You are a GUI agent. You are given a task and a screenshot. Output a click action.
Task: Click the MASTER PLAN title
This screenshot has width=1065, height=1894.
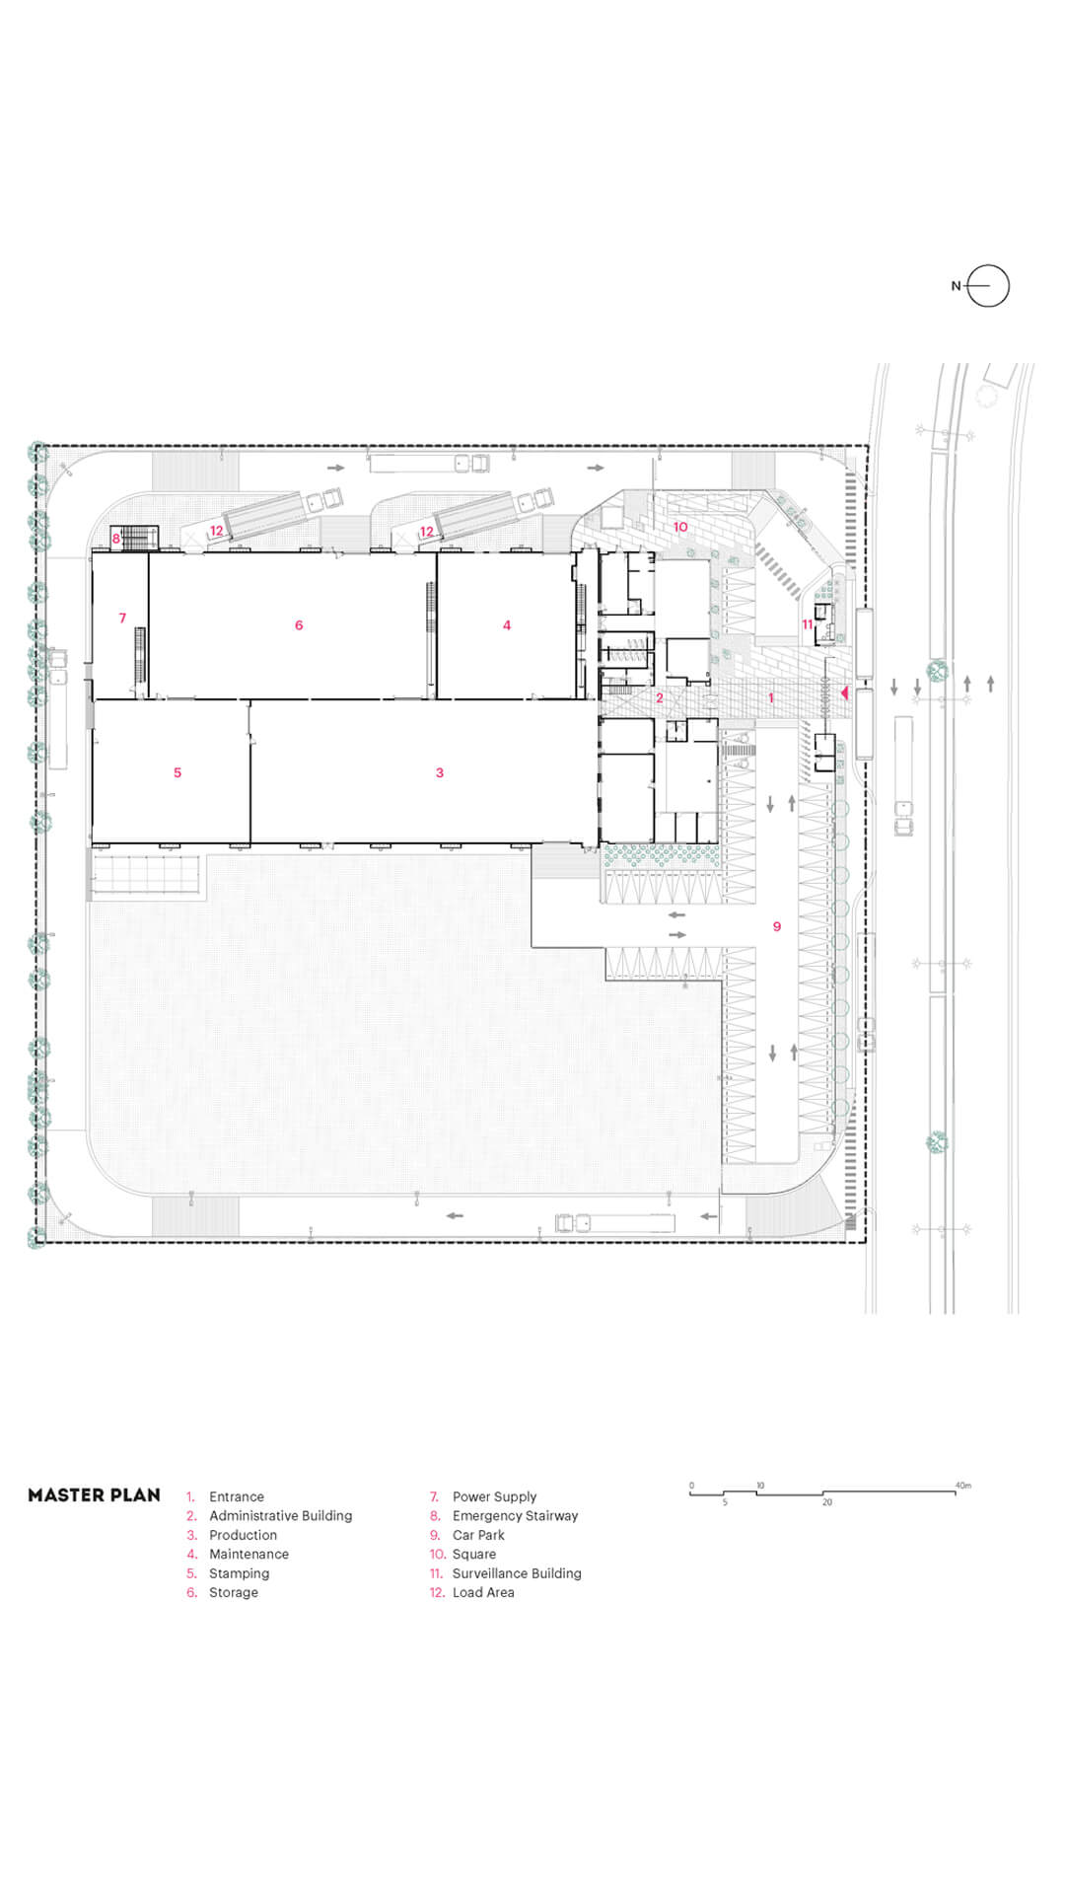[94, 1494]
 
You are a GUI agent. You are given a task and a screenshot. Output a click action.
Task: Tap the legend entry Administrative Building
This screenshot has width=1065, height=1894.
[280, 1515]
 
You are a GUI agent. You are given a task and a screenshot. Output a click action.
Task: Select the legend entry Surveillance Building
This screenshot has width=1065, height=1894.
[517, 1573]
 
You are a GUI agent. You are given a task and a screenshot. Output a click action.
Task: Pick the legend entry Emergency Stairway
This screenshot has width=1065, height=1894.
[515, 1516]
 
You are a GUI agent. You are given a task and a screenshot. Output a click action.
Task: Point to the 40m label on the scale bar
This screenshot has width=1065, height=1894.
[963, 1485]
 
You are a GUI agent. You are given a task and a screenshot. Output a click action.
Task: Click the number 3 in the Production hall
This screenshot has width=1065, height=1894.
[440, 772]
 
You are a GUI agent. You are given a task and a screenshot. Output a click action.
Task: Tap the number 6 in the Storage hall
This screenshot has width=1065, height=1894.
[299, 624]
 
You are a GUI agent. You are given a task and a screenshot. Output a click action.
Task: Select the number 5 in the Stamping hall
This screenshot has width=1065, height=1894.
[177, 772]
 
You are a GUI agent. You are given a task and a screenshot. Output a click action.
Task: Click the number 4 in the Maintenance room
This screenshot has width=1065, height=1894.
[507, 624]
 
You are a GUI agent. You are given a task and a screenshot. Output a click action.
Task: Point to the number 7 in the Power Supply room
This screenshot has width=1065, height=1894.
[122, 619]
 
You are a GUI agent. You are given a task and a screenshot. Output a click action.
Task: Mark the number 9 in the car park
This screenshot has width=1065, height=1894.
[777, 926]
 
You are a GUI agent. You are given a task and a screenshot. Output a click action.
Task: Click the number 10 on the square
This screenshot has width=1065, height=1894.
[680, 527]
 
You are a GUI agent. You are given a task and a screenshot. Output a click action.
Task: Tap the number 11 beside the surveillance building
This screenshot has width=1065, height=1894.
[807, 624]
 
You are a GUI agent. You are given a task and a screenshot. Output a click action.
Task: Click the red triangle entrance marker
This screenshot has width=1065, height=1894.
[844, 693]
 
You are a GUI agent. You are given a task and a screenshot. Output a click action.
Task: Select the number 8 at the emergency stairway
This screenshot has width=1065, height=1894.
[116, 539]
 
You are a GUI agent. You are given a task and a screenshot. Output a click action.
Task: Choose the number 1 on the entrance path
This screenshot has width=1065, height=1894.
[771, 697]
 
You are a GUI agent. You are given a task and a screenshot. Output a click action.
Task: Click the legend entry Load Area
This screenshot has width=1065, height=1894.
[483, 1592]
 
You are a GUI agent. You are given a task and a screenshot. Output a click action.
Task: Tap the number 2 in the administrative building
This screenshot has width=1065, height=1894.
[660, 697]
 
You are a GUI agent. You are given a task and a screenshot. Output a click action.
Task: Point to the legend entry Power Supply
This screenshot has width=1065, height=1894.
[494, 1496]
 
